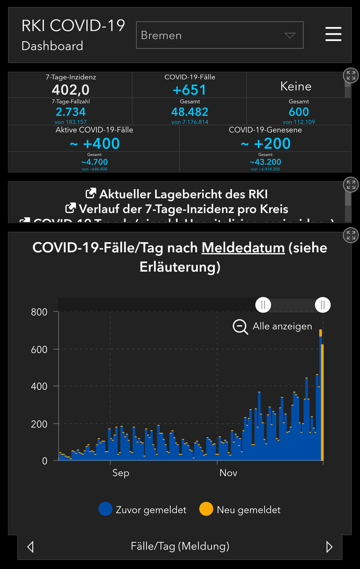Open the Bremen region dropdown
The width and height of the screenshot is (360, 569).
click(x=219, y=36)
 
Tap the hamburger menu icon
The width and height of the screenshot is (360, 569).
click(x=333, y=35)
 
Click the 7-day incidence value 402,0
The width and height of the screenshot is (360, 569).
click(x=70, y=90)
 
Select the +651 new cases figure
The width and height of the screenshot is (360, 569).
click(x=189, y=90)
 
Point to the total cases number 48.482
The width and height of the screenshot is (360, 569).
click(x=189, y=112)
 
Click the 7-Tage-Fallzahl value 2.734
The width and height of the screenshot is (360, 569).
click(x=70, y=112)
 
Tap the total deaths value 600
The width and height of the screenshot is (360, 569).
click(x=298, y=112)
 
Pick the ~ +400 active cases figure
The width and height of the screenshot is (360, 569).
click(x=94, y=143)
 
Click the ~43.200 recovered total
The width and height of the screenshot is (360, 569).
click(x=265, y=162)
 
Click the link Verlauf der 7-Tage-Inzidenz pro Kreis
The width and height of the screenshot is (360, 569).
click(x=176, y=209)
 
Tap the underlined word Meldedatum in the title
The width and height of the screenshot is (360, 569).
click(x=243, y=248)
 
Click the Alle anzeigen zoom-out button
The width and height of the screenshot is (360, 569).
click(x=273, y=326)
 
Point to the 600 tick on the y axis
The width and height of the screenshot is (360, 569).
click(x=39, y=349)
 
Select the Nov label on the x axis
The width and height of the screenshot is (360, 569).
click(x=229, y=473)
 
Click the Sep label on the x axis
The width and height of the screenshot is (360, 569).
click(x=120, y=473)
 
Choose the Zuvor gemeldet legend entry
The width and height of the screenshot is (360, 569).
click(x=142, y=510)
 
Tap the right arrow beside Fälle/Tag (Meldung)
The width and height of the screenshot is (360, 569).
click(x=329, y=547)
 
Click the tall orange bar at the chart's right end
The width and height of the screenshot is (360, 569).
click(x=323, y=403)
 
